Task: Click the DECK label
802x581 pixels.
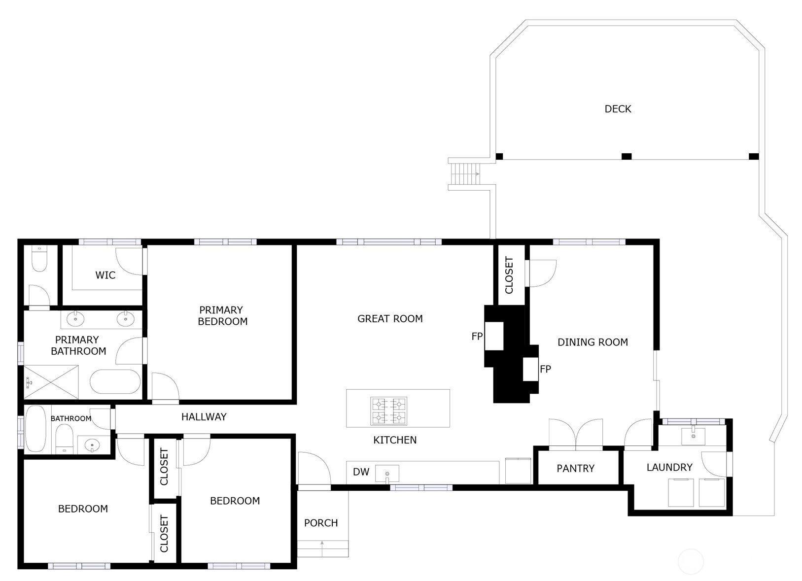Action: [x=618, y=109]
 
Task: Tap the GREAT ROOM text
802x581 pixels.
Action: [x=390, y=319]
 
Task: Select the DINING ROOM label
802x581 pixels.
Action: [x=593, y=342]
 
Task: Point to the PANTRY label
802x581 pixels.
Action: [x=575, y=468]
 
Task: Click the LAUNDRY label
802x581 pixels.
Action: [x=669, y=467]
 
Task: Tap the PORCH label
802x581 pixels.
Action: [x=321, y=523]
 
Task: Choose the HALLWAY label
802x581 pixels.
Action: [x=204, y=417]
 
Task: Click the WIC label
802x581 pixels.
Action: [x=105, y=275]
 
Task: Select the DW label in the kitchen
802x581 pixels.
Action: [x=361, y=472]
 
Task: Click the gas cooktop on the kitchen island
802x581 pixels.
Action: [x=388, y=411]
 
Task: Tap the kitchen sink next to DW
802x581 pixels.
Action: [x=387, y=474]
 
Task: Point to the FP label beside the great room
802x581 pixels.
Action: [x=477, y=336]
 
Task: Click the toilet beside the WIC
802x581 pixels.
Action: [x=39, y=258]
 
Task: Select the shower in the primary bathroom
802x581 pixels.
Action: [x=51, y=382]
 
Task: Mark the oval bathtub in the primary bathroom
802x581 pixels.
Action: [x=115, y=381]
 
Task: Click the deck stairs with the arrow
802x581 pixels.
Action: [x=465, y=174]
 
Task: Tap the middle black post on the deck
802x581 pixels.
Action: [x=626, y=156]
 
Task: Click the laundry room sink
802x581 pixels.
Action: [x=693, y=436]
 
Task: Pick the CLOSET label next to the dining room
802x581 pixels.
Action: [x=509, y=275]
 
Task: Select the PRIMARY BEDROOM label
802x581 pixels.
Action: [x=222, y=316]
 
